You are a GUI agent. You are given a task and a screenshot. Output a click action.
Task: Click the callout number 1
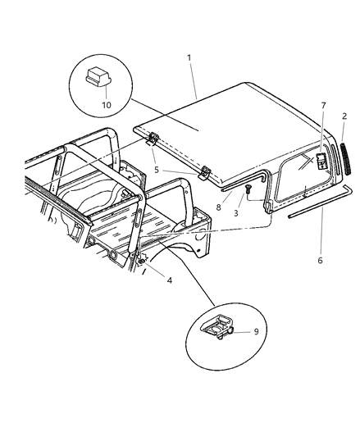[189, 57]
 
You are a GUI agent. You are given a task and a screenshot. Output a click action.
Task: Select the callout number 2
[344, 117]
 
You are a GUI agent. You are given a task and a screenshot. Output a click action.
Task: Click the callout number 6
[320, 260]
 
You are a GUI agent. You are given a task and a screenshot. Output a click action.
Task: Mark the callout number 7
[322, 106]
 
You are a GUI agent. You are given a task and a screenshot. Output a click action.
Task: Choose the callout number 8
[218, 208]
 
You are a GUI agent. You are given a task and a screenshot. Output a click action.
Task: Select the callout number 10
[104, 104]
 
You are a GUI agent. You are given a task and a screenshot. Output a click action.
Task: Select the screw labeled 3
[246, 192]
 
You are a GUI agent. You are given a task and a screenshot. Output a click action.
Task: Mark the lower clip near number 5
[205, 172]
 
